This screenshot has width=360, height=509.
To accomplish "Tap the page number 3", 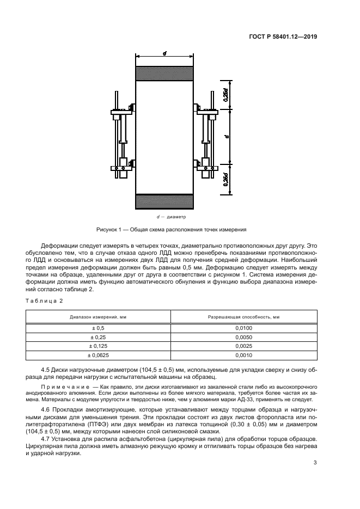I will pyautogui.click(x=315, y=463).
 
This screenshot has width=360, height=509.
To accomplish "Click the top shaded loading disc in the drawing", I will pyautogui.click(x=164, y=73).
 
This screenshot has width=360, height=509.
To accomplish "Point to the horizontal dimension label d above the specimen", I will pyautogui.click(x=164, y=53).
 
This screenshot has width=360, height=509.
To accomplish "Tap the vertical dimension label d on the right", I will pyautogui.click(x=225, y=135).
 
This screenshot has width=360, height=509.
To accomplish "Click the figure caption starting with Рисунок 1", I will pyautogui.click(x=171, y=229).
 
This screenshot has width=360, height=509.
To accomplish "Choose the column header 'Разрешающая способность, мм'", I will pyautogui.click(x=244, y=316).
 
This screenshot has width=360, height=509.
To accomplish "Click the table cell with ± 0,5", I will pyautogui.click(x=99, y=328).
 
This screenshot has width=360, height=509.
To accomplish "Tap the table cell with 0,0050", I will pyautogui.click(x=244, y=337).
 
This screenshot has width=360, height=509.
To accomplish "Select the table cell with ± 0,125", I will pyautogui.click(x=99, y=346).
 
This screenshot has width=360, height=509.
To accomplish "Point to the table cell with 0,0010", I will pyautogui.click(x=244, y=355).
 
